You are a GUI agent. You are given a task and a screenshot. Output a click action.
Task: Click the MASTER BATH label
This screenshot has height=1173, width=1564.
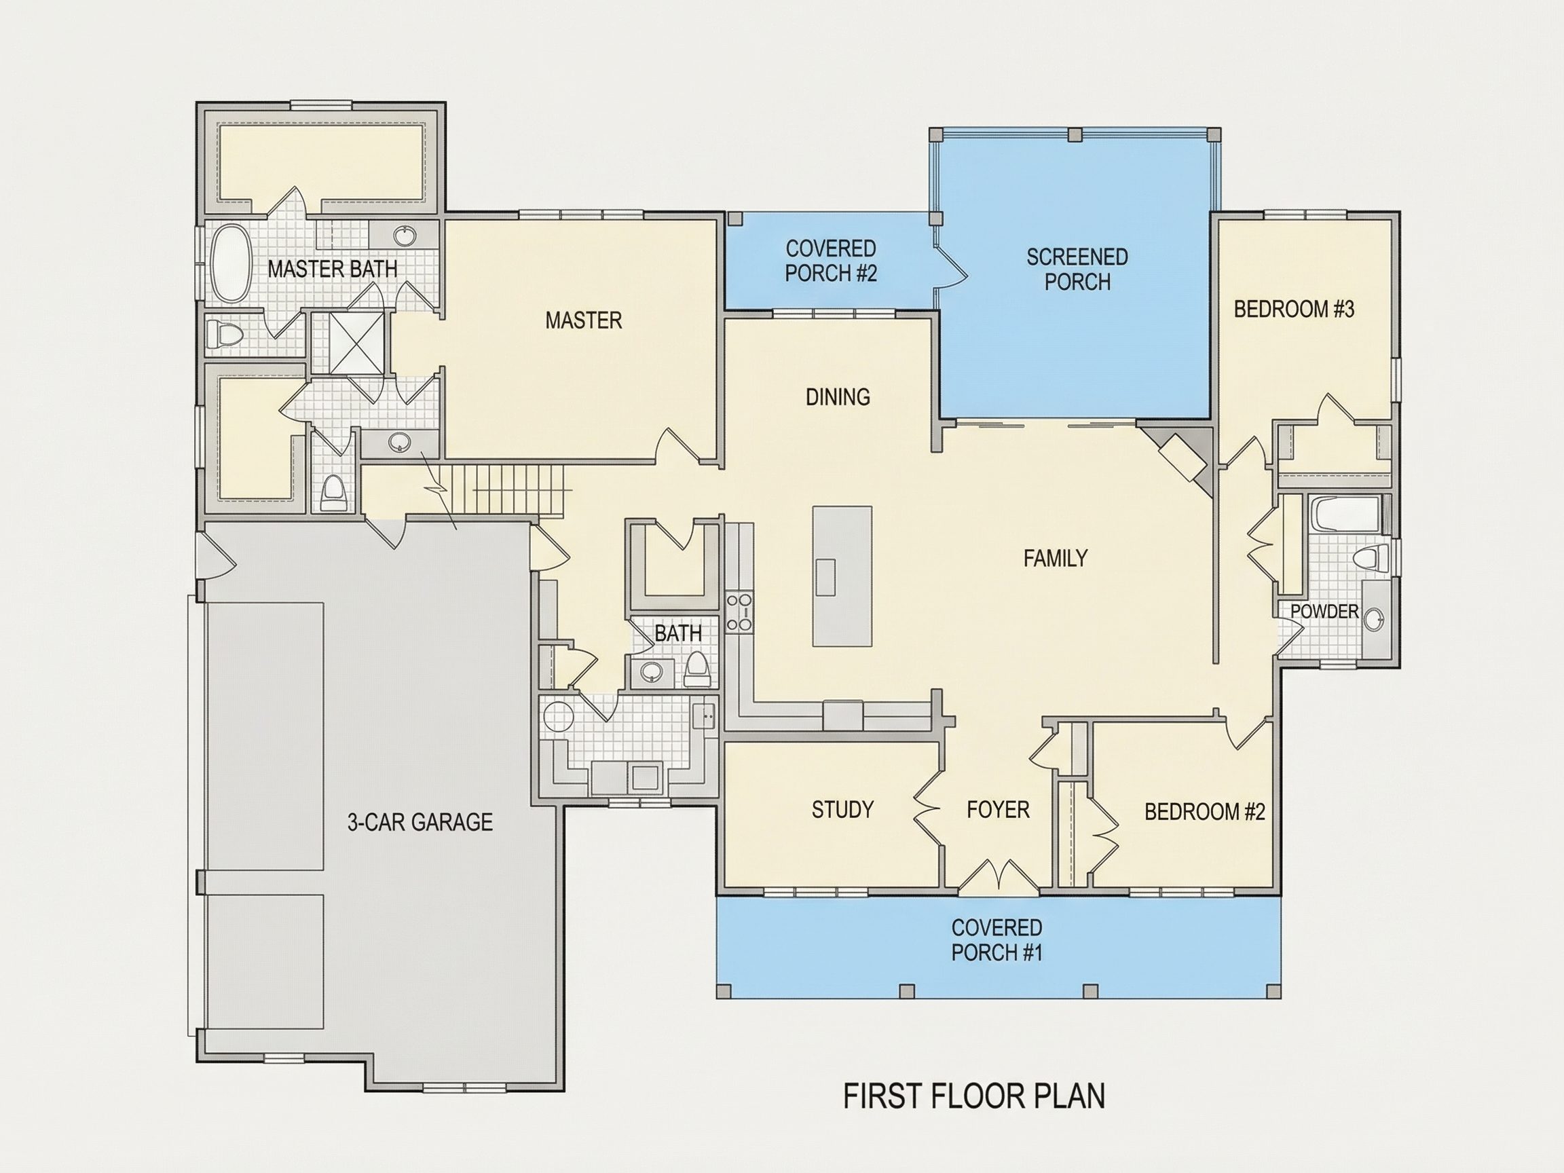coord(333,269)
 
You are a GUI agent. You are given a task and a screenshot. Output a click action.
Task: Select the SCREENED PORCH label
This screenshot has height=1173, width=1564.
coord(1077,269)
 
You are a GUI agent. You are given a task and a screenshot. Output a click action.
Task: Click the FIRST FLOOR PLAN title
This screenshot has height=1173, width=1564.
coord(974,1095)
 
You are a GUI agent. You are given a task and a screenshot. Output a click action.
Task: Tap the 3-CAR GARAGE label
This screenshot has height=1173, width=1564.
coord(420,821)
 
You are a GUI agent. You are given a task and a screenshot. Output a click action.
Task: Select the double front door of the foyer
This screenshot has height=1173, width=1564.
coord(999,874)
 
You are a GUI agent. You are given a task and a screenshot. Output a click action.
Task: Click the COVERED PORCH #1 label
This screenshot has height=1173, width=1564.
coord(997,939)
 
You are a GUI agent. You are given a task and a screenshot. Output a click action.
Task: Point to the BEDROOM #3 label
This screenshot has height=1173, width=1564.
coord(1294,309)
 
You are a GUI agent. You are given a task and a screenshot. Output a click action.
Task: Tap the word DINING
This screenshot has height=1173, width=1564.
coord(838,396)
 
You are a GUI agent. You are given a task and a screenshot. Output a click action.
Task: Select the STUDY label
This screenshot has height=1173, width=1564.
coord(842,809)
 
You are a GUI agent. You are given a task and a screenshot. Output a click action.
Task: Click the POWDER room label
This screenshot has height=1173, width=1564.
coord(1324,611)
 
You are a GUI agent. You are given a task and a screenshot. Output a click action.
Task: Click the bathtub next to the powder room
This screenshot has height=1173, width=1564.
coord(1344,515)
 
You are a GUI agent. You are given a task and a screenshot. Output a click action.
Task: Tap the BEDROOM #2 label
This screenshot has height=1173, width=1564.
coord(1205,812)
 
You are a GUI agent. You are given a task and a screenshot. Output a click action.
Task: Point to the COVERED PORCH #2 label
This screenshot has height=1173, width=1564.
coord(831,260)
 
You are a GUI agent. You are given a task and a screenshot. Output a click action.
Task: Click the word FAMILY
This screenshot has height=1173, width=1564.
coord(1055,559)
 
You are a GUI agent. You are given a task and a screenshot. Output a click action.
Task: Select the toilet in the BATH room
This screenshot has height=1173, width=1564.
coord(697,669)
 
